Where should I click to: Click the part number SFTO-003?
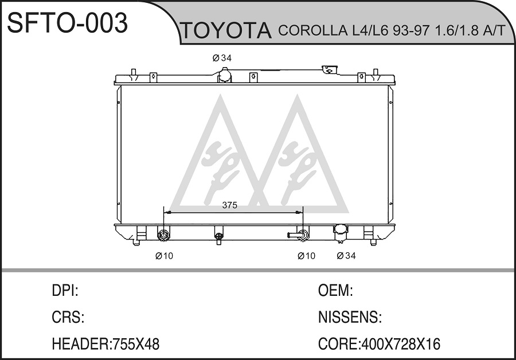point(68,23)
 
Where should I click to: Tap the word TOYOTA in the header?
point(226,30)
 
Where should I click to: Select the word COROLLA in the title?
point(312,30)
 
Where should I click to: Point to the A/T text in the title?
point(493,30)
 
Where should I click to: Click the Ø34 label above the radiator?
point(222,58)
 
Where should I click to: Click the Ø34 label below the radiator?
point(346,256)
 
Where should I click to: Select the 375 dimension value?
point(230,205)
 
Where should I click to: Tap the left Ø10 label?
point(164,256)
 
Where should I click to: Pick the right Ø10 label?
point(306,256)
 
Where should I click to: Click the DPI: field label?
point(65,291)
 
